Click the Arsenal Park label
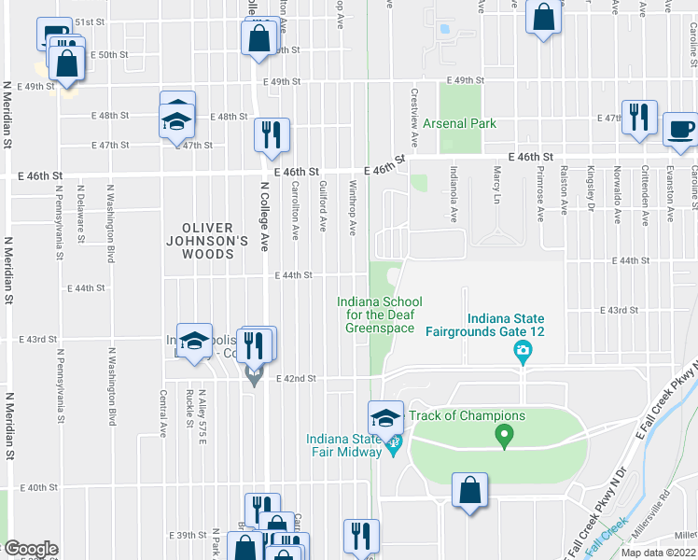tap(459, 123)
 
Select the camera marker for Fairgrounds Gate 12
tap(523, 352)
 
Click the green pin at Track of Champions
tap(504, 435)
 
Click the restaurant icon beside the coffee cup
tap(639, 118)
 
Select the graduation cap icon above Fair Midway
tap(385, 417)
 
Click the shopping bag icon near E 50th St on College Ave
tap(258, 38)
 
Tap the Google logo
tap(30, 549)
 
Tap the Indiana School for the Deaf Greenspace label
tap(379, 315)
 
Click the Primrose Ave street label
tap(540, 194)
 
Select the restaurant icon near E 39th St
tap(361, 536)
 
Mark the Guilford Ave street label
tap(324, 206)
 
